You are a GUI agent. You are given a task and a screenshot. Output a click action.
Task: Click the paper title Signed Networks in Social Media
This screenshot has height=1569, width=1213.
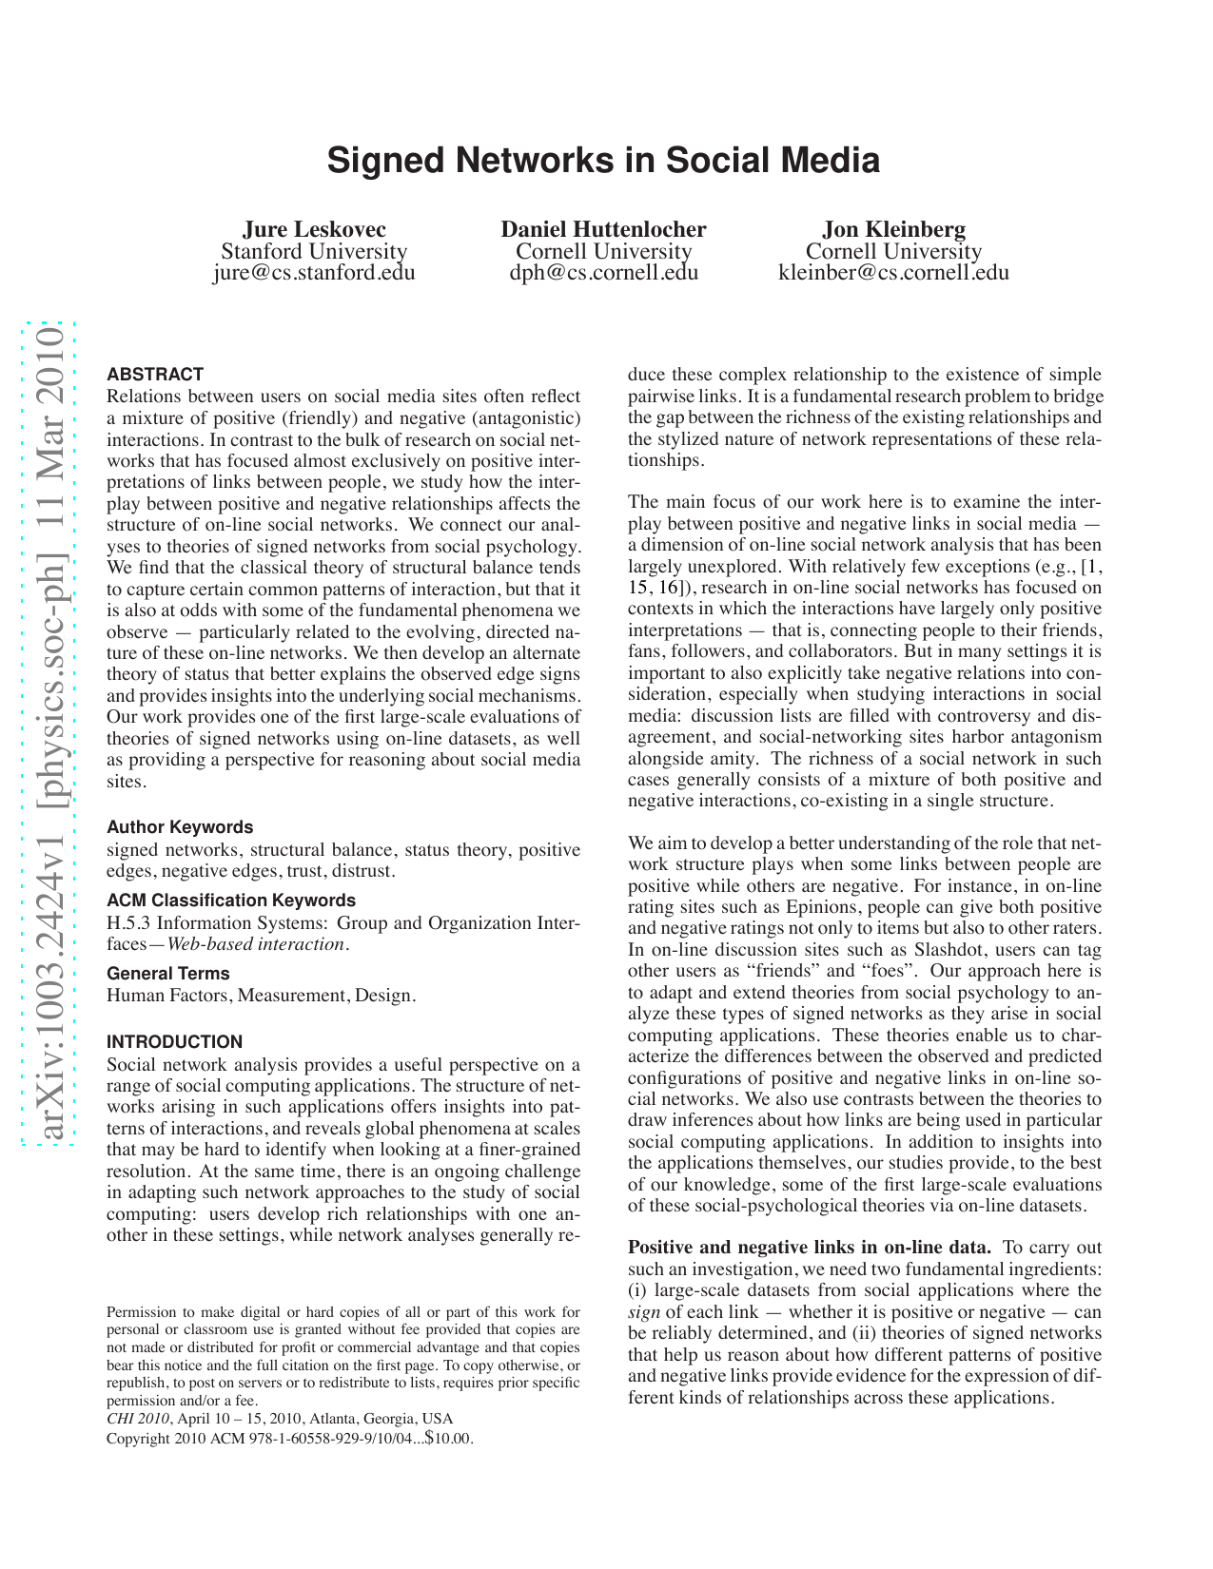[x=603, y=161]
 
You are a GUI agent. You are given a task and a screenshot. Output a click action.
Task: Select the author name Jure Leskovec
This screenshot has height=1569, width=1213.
[x=314, y=229]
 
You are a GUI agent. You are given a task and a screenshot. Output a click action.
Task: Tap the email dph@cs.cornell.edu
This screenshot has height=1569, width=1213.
[x=603, y=273]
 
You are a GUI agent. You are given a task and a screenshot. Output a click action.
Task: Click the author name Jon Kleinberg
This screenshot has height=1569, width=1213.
[x=893, y=229]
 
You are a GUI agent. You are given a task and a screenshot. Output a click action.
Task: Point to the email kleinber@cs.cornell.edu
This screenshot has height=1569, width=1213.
[x=893, y=273]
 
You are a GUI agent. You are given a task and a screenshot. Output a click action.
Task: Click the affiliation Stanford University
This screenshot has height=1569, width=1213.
[x=314, y=251]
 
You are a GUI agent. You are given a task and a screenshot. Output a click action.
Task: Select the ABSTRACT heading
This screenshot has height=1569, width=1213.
[x=155, y=375]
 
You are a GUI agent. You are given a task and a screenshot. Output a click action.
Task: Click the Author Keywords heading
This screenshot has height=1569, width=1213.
[x=180, y=827]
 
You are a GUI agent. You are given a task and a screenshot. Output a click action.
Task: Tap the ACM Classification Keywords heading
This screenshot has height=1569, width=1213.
[x=231, y=901]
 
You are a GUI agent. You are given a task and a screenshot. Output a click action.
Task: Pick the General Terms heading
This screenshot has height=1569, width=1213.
[x=168, y=974]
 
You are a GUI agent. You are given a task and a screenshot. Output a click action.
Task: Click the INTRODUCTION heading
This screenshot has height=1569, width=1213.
[x=175, y=1042]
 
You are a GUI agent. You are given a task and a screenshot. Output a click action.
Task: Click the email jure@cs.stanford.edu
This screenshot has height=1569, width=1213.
[x=314, y=273]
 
